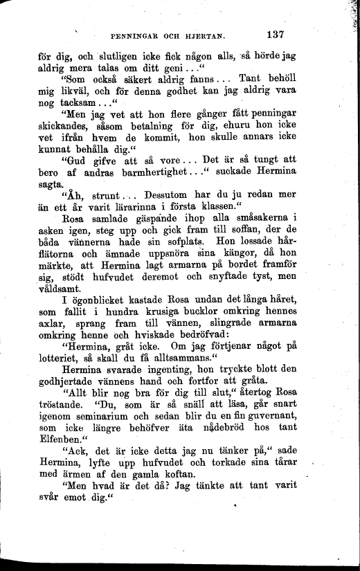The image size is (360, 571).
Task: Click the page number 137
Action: point(276,33)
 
